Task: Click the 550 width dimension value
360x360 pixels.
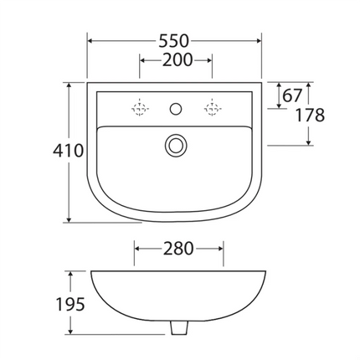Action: pyautogui.click(x=175, y=40)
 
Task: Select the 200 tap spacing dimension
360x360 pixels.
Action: pyautogui.click(x=175, y=59)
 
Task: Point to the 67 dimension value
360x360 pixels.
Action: pyautogui.click(x=292, y=95)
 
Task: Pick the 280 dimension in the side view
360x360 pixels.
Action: pyautogui.click(x=177, y=249)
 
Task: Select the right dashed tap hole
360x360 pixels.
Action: pyautogui.click(x=213, y=107)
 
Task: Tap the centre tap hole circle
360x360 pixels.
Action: pyautogui.click(x=176, y=107)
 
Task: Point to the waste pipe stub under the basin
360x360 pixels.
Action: pyautogui.click(x=177, y=328)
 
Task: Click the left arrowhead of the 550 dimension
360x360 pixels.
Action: pyautogui.click(x=90, y=40)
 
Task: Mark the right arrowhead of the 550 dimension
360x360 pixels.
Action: pyautogui.click(x=260, y=40)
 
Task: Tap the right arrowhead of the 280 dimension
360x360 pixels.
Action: pyautogui.click(x=220, y=249)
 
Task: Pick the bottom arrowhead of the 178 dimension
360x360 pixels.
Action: pyautogui.click(x=309, y=143)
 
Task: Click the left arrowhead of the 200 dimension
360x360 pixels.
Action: pyautogui.click(x=141, y=59)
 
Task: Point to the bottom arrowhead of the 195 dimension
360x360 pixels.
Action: pyautogui.click(x=70, y=334)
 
